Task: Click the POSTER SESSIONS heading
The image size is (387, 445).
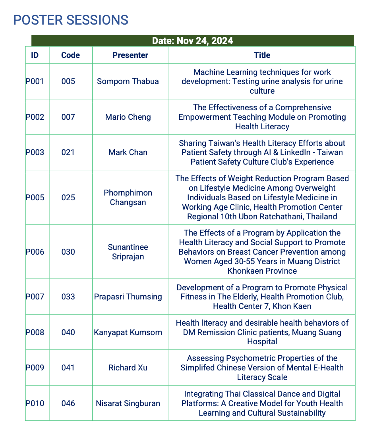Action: pos(71,20)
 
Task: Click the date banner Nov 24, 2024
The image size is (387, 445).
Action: pos(192,41)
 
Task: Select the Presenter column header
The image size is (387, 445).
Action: pos(130,55)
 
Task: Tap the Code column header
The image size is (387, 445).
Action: pos(70,55)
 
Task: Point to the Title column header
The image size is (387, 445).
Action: pos(262,55)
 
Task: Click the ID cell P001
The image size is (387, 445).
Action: pos(35,81)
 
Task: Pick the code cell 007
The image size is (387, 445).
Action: pos(68,117)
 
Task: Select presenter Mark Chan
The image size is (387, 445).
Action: pos(128,152)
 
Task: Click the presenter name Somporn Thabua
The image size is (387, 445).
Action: pos(128,81)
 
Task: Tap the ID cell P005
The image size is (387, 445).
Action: pos(35,198)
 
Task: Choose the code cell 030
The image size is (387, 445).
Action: pos(68,252)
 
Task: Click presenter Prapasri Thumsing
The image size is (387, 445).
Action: pos(128,297)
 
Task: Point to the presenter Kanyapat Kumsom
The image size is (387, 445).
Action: pos(128,332)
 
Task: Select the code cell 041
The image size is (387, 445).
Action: pos(68,368)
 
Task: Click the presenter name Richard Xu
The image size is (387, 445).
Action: pos(128,368)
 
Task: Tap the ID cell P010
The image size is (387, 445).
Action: pos(35,403)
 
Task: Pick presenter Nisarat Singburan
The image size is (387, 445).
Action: pos(128,403)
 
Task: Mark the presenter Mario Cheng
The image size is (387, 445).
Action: pos(128,117)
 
